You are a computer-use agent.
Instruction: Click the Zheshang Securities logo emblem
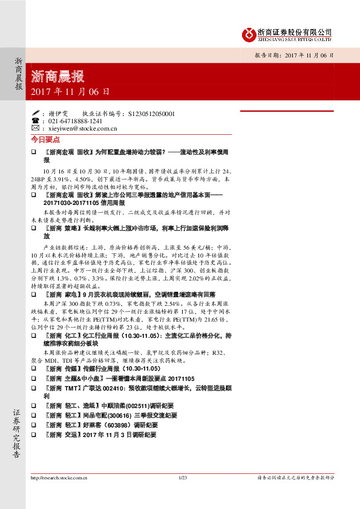(x=249, y=34)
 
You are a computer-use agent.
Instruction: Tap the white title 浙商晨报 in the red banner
(x=57, y=77)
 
